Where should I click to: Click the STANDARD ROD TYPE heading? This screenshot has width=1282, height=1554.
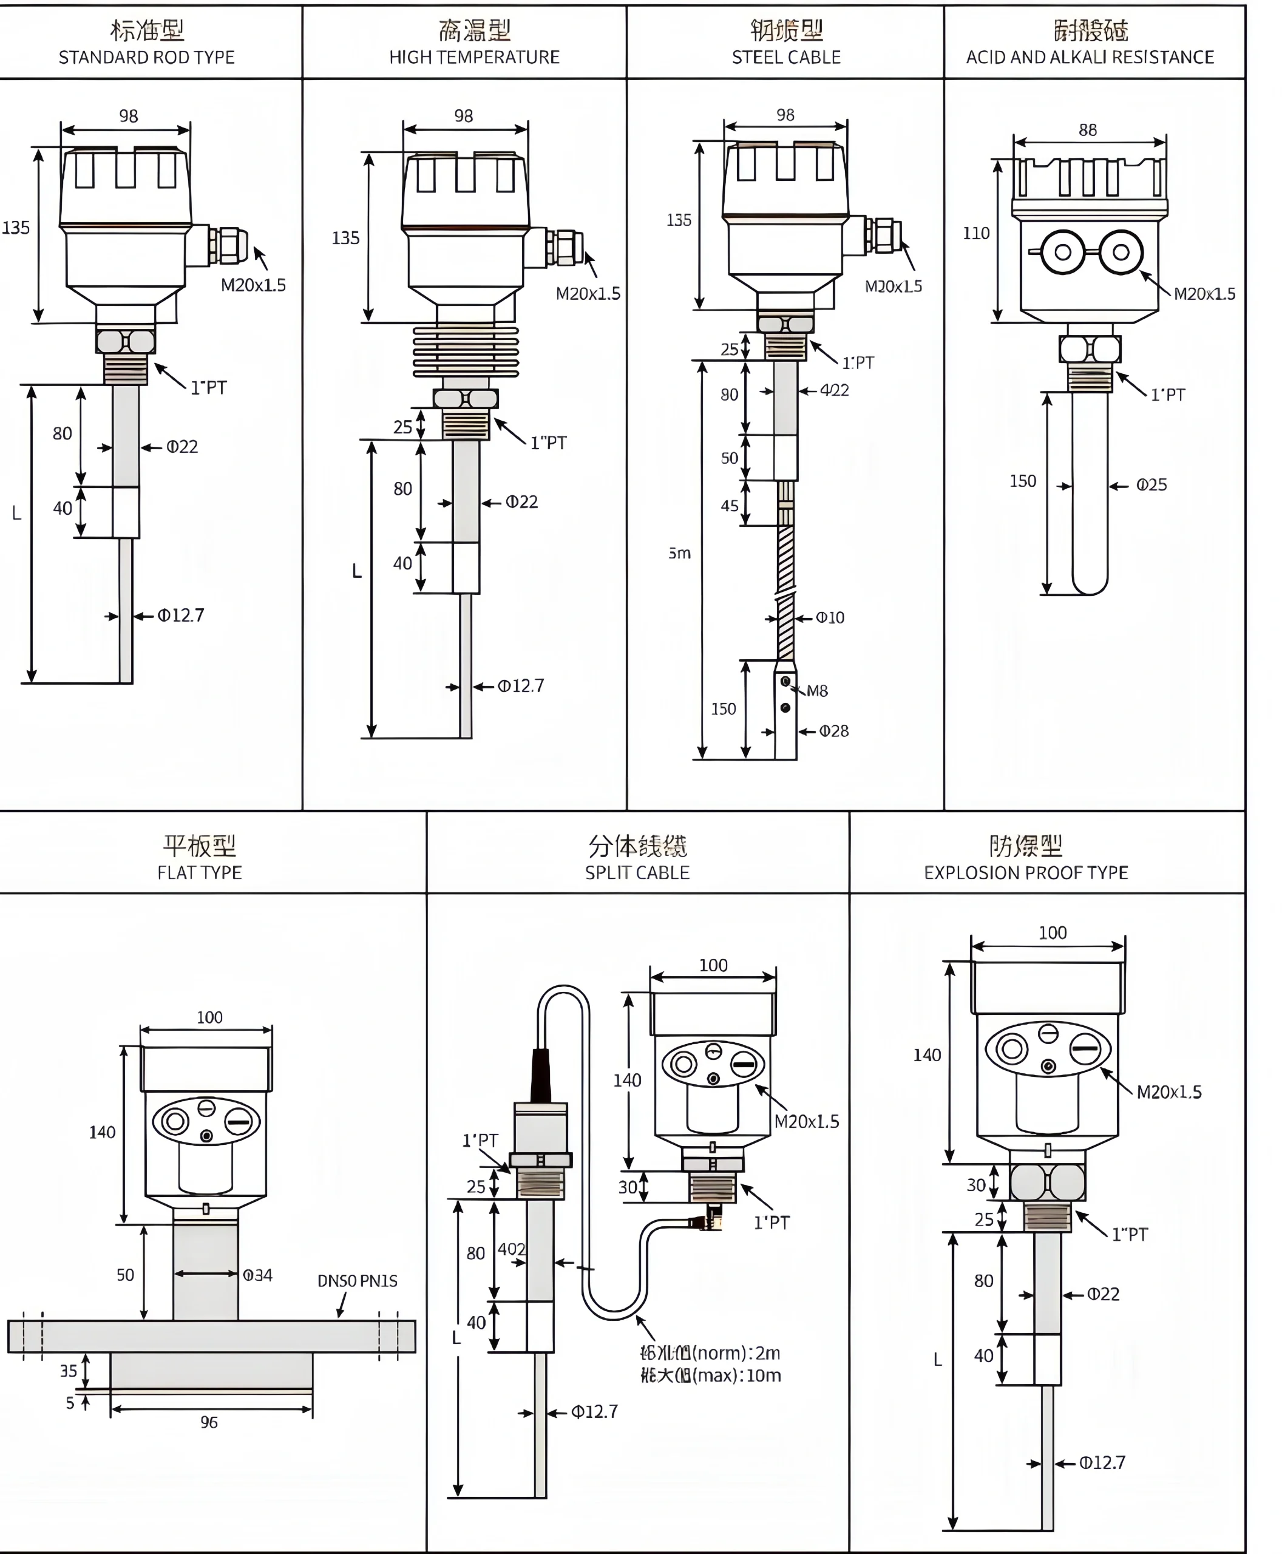pos(146,57)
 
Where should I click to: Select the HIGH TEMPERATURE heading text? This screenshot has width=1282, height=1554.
pos(474,57)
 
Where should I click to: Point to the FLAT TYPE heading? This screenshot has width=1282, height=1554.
pos(199,872)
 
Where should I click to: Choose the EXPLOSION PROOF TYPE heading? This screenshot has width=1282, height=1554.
pos(1026,872)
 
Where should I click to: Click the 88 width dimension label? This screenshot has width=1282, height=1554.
pos(1087,130)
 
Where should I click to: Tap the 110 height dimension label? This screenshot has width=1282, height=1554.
pos(975,233)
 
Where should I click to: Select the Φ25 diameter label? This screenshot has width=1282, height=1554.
pos(1151,484)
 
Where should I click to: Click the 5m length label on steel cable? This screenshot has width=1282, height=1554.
pos(679,553)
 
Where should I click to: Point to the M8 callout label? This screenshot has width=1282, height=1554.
pos(817,691)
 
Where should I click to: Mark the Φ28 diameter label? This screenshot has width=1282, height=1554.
pos(834,730)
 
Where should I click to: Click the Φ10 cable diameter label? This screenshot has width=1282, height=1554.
pos(830,617)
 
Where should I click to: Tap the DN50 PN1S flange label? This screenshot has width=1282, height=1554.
pos(358,1281)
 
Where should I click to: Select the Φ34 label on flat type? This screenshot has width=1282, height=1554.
pos(258,1275)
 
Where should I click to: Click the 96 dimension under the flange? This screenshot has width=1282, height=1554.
pos(209,1422)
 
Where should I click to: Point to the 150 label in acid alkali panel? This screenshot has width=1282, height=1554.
pos(1023,481)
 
